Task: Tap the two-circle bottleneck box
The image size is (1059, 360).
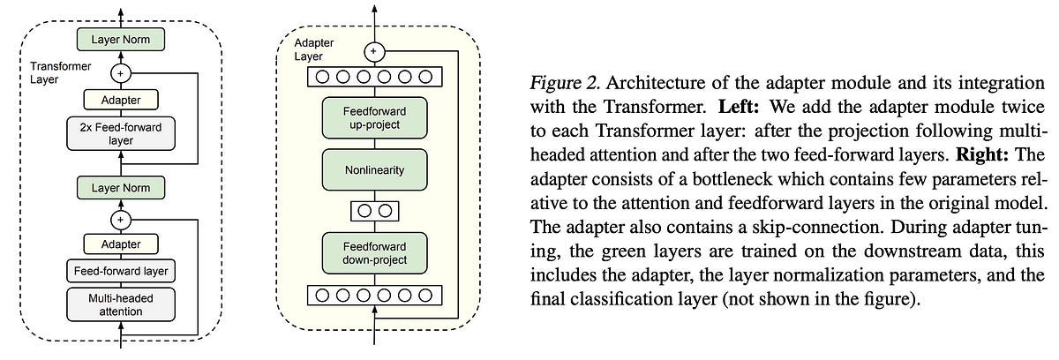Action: (x=372, y=210)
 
